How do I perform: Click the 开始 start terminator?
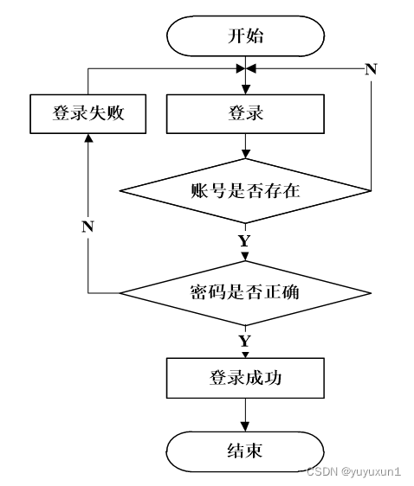pos(245,36)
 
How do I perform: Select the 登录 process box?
pos(245,114)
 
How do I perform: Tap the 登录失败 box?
pos(88,114)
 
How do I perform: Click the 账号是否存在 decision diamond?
pos(245,190)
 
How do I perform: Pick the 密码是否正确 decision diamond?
pos(245,293)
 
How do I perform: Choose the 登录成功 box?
pos(245,378)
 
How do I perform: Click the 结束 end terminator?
pos(245,451)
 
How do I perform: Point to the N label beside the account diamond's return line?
pos(371,69)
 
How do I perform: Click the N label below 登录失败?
pos(87,227)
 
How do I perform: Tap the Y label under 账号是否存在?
pos(245,240)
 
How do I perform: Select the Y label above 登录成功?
pos(245,341)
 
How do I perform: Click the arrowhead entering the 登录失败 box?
pos(88,138)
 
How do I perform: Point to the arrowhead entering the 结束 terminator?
pos(245,427)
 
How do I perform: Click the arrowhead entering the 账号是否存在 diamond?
pos(245,154)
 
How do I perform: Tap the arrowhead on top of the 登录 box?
pos(245,90)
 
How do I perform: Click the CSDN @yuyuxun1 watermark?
pos(353,472)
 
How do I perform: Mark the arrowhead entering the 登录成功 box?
pos(245,355)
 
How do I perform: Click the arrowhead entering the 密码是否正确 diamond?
pos(245,257)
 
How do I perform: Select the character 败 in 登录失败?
pos(115,113)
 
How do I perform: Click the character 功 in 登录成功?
pos(272,378)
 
